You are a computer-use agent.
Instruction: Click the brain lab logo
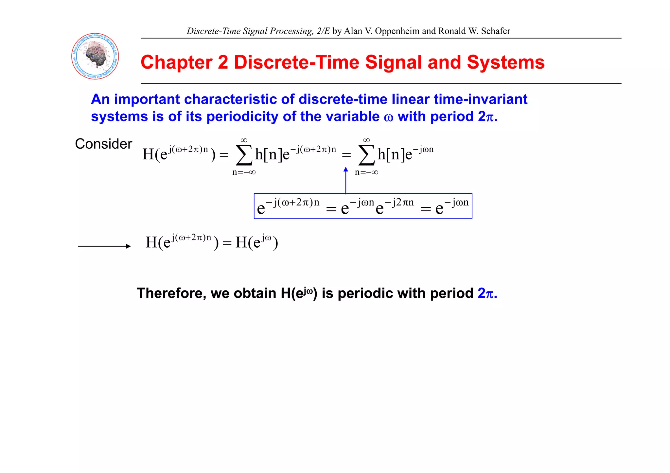click(95, 56)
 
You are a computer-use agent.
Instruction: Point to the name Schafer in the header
click(495, 31)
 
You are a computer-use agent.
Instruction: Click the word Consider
click(103, 144)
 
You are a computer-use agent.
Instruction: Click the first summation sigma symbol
click(244, 155)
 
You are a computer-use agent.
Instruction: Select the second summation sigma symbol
click(366, 155)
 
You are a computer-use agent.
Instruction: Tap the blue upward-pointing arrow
click(346, 180)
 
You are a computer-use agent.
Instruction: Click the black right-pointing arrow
click(104, 246)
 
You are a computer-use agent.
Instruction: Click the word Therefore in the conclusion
click(171, 293)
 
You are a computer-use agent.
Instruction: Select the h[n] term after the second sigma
click(391, 154)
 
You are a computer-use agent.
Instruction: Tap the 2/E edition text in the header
click(323, 31)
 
